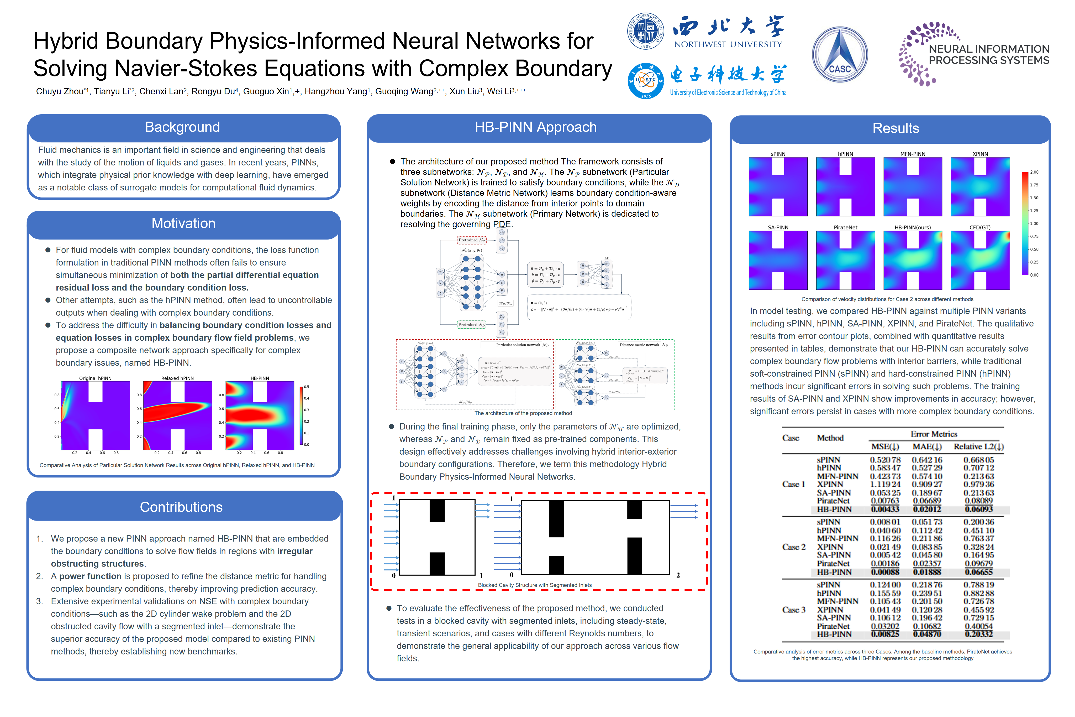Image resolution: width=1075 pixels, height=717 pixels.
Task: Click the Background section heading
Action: [x=182, y=127]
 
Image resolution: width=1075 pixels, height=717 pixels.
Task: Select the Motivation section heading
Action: [x=183, y=223]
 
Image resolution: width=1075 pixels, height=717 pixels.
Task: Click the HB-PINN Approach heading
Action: [x=535, y=127]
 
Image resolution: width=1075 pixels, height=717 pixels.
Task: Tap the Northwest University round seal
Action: [x=645, y=31]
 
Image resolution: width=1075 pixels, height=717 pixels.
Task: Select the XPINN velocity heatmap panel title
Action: [x=980, y=154]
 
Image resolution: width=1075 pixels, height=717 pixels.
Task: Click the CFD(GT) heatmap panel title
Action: [x=980, y=227]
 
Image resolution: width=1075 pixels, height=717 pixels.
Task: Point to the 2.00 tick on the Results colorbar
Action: [x=1034, y=172]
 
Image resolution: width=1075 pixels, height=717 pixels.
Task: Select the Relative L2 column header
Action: [x=978, y=447]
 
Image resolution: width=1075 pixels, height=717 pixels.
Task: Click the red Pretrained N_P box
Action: [x=471, y=240]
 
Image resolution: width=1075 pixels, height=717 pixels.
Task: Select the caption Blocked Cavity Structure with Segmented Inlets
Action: [x=535, y=585]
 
